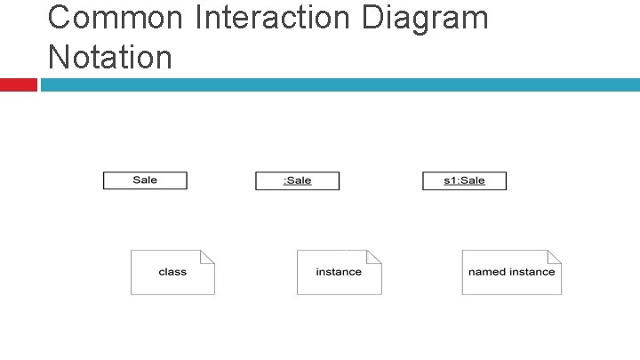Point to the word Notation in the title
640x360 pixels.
pos(110,57)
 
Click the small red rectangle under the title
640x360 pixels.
pos(18,84)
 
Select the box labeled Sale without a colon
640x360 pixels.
pos(145,180)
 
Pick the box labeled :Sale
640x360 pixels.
pos(297,180)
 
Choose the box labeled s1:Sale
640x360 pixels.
pos(464,180)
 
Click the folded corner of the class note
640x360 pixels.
pos(208,256)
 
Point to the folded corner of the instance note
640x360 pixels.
pos(375,256)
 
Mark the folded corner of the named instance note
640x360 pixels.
pos(556,256)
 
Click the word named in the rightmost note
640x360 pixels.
pos(485,272)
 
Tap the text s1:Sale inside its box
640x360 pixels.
pos(464,180)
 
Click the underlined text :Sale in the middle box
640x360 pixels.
pos(297,180)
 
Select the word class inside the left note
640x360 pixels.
pos(172,272)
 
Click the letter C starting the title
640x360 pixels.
pos(60,17)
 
